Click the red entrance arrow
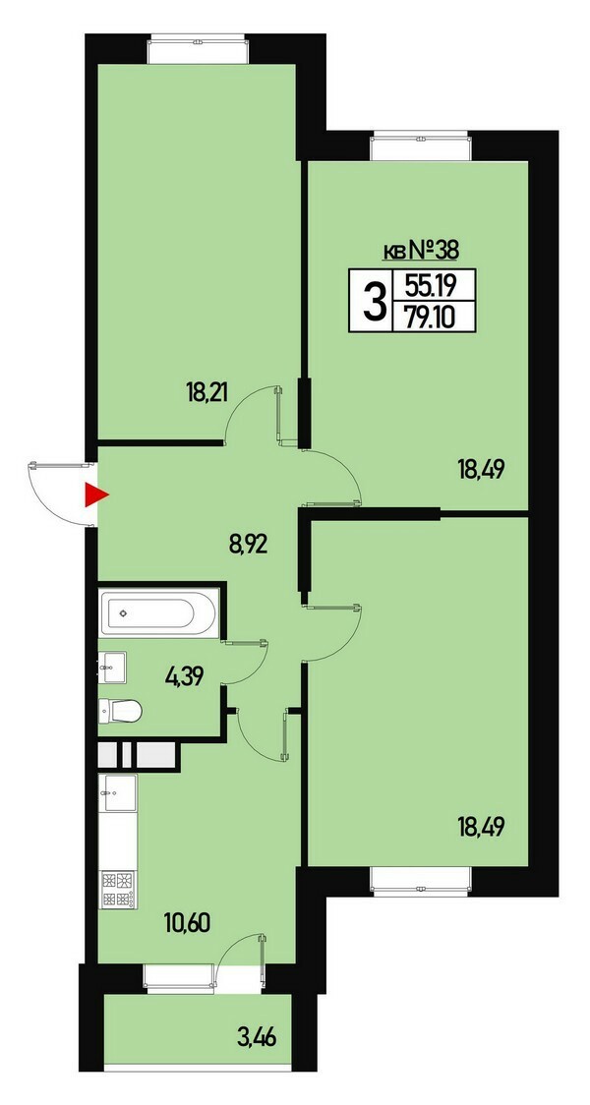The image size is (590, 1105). tap(95, 494)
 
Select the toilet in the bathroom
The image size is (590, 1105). tap(120, 711)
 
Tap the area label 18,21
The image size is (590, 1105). tap(208, 392)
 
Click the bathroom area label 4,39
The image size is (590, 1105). tap(184, 678)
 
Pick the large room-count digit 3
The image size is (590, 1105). tap(375, 302)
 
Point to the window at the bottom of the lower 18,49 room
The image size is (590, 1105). tap(420, 882)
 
